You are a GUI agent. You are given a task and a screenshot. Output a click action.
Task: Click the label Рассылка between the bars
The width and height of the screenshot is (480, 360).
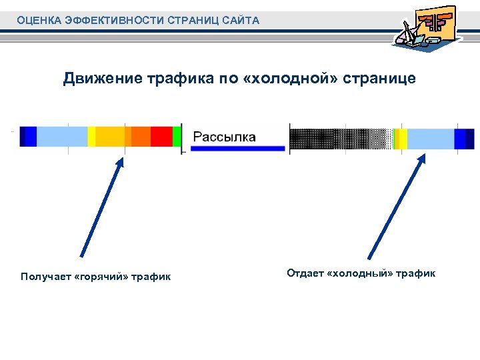coord(224,137)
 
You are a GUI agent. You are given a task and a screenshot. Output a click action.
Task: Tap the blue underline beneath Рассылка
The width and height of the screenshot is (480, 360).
coord(237,149)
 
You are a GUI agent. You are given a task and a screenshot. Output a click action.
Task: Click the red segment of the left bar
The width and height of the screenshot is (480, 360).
coord(161,136)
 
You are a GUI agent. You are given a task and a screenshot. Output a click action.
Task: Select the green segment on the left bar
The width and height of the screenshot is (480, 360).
coord(177,136)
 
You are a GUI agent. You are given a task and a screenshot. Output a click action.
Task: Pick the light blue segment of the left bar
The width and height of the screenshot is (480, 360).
coord(61,136)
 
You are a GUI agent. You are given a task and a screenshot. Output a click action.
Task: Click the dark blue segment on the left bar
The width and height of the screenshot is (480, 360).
coord(28,136)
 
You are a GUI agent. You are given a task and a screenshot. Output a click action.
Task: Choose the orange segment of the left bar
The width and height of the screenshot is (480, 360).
coord(141,136)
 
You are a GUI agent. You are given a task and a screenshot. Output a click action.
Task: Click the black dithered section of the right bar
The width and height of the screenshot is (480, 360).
coord(333,139)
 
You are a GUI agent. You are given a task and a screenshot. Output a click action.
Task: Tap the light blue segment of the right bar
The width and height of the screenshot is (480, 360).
coord(430,139)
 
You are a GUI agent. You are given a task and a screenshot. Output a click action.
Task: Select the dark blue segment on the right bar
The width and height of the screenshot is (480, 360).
coord(464,139)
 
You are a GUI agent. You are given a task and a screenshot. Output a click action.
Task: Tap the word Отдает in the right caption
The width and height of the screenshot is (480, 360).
coord(305,273)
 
